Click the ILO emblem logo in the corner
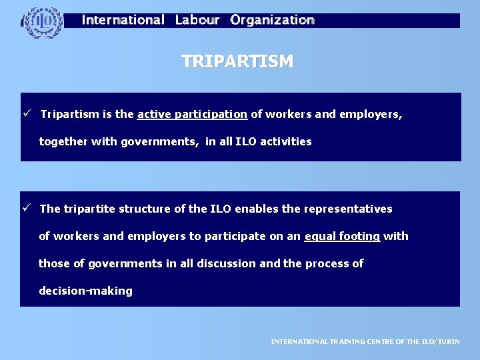pyautogui.click(x=43, y=23)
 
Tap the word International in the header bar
pyautogui.click(x=123, y=20)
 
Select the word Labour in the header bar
pyautogui.click(x=197, y=20)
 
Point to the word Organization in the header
pyautogui.click(x=272, y=20)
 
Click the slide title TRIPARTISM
pyautogui.click(x=237, y=62)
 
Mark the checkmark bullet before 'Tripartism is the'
pyautogui.click(x=27, y=114)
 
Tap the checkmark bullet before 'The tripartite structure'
pyautogui.click(x=27, y=209)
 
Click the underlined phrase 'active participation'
pyautogui.click(x=192, y=114)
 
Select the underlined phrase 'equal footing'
pyautogui.click(x=342, y=236)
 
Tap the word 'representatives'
pyautogui.click(x=348, y=209)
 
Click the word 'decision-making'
pyautogui.click(x=85, y=291)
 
